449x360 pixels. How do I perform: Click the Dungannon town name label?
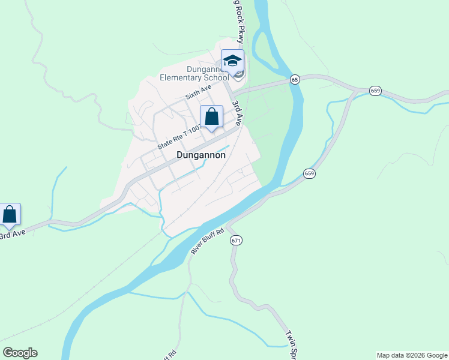tap(201, 155)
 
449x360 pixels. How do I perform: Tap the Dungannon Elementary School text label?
tap(194, 73)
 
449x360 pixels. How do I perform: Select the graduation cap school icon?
tap(232, 61)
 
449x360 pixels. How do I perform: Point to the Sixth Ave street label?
tap(198, 92)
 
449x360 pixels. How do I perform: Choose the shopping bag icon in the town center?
tap(211, 117)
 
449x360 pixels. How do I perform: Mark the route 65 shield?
tap(295, 79)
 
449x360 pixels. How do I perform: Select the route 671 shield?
tap(236, 240)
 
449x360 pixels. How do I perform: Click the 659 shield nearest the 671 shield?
tap(309, 173)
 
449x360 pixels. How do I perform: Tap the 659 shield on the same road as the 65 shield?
tap(375, 91)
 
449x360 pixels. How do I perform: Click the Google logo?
tap(20, 353)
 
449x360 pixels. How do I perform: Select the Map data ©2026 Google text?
tap(412, 355)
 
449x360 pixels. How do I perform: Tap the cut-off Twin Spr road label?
tap(290, 344)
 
